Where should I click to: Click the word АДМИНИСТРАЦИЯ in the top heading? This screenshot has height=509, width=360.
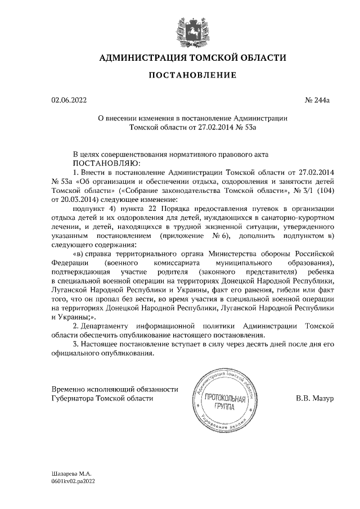[140, 57]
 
